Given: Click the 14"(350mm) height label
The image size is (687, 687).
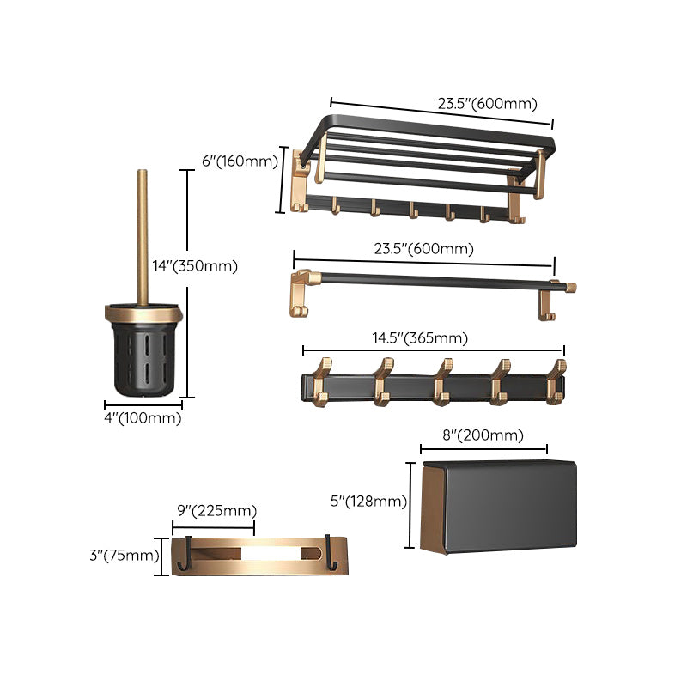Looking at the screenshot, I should (195, 266).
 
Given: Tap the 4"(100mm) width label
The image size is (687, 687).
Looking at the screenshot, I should (143, 418).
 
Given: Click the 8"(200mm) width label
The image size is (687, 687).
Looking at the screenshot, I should (483, 435).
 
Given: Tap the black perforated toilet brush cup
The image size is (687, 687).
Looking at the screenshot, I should (143, 356).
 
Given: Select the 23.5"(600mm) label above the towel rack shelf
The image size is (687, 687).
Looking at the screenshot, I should (487, 104).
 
